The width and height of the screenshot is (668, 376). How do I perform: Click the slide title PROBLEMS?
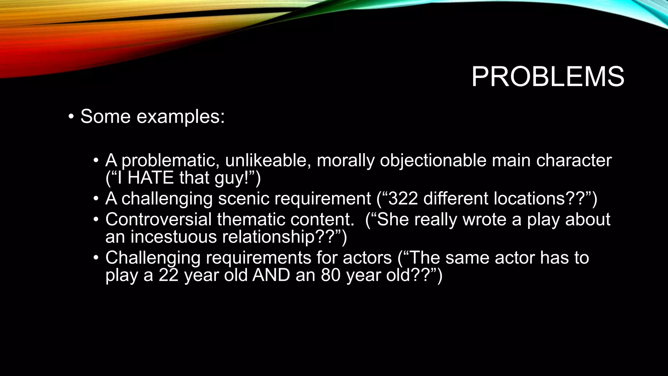click(x=548, y=77)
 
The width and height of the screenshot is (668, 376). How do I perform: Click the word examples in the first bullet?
click(x=180, y=117)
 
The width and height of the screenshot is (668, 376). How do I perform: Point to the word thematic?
click(x=251, y=219)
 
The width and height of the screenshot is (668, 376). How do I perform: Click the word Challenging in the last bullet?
click(x=153, y=258)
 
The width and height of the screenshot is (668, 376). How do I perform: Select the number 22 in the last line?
click(x=169, y=275)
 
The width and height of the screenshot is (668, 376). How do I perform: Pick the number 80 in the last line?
click(x=331, y=275)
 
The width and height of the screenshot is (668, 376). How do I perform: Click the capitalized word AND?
click(x=271, y=275)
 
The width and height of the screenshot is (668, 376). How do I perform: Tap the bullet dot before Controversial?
click(x=95, y=219)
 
